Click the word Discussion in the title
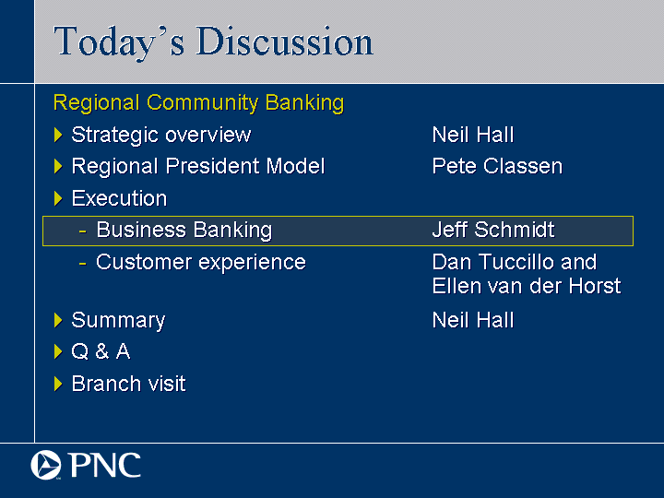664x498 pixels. (x=285, y=41)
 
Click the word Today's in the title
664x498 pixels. (x=119, y=42)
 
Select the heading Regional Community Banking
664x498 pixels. (x=198, y=103)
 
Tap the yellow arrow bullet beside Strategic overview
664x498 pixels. (x=58, y=135)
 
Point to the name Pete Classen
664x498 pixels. (x=497, y=166)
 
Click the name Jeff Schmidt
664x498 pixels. (x=493, y=230)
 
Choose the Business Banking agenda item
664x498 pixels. (x=184, y=231)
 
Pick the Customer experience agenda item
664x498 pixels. (x=201, y=263)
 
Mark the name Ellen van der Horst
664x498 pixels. (x=527, y=286)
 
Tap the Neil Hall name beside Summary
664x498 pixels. (x=473, y=320)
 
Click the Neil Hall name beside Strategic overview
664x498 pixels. (x=473, y=135)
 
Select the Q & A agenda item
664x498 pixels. (x=101, y=351)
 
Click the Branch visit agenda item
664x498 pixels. (x=129, y=384)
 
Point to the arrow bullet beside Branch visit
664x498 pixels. (x=58, y=384)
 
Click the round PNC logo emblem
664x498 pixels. (x=46, y=465)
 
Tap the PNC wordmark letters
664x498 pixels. (x=104, y=465)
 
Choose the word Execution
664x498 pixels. (x=119, y=198)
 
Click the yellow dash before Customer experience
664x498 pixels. (x=83, y=264)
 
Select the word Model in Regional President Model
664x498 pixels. (x=296, y=166)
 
